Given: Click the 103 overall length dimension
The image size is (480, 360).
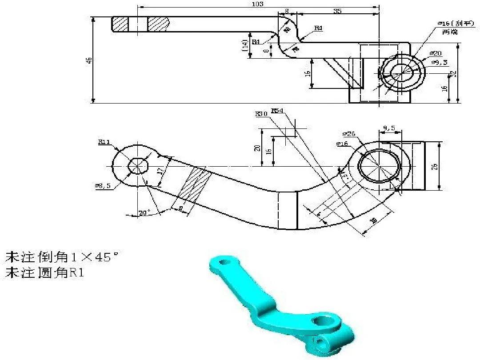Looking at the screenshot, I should point(257,4).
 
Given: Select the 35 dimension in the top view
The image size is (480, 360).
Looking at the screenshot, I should point(337,11).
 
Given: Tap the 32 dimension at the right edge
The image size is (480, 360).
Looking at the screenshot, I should point(454,74).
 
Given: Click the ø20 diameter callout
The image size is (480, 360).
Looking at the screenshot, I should point(436,53).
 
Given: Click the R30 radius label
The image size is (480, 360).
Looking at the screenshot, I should point(261,114).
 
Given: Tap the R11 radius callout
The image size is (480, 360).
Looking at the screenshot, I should point(104,142).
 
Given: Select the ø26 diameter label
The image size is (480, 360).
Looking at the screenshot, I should point(349,133).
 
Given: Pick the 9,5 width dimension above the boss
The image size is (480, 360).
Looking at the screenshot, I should point(389,128).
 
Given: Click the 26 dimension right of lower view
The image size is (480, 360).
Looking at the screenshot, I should point(435,166).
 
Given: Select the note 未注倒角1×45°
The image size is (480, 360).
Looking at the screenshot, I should point(62,257).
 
